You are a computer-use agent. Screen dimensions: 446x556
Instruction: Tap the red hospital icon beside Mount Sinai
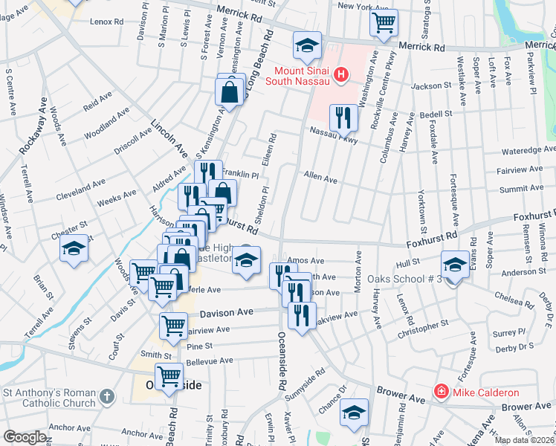(x=341, y=74)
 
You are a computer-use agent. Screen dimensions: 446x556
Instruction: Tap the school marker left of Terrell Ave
(x=74, y=250)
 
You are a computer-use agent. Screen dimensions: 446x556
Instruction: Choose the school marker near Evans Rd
(x=455, y=264)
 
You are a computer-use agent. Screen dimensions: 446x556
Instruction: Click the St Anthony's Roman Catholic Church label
(x=49, y=398)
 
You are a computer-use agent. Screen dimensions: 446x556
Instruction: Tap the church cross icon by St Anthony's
(x=107, y=397)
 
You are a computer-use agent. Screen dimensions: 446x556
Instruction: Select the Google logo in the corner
(x=25, y=437)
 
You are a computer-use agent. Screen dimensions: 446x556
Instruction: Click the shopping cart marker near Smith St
(x=169, y=376)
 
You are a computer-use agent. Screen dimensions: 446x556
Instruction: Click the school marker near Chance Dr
(x=354, y=413)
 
